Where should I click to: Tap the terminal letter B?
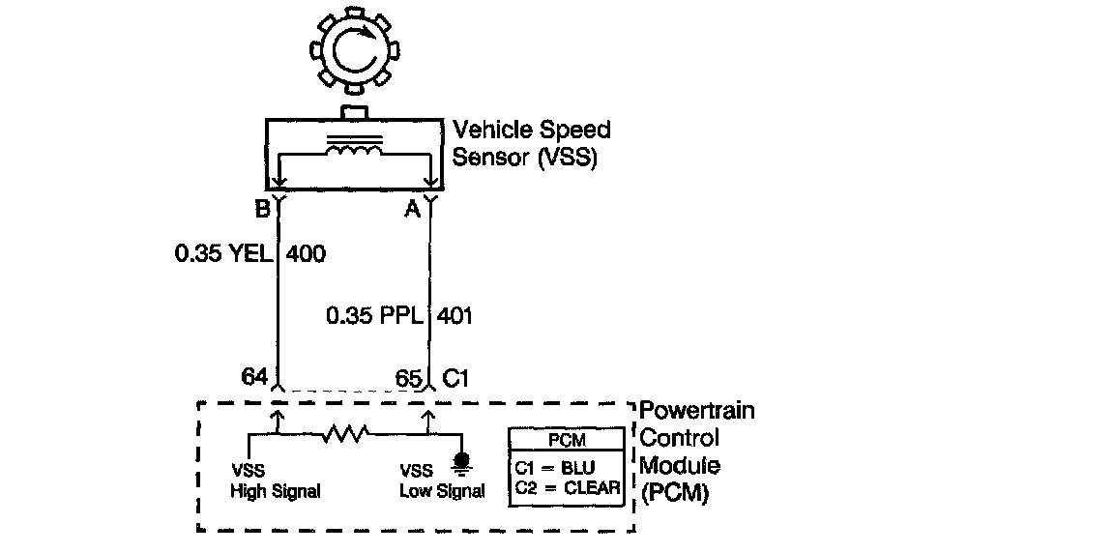click(x=262, y=207)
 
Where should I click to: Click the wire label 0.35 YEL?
click(x=223, y=255)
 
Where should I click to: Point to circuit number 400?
click(x=307, y=255)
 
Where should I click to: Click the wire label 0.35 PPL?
click(x=375, y=316)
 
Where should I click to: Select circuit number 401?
click(x=455, y=316)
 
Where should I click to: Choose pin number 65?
click(x=408, y=377)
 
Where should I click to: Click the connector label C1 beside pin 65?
click(x=455, y=377)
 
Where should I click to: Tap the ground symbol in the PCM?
click(x=462, y=462)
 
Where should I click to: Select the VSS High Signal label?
click(x=275, y=481)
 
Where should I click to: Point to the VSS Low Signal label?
click(x=442, y=481)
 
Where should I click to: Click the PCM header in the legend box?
click(x=566, y=440)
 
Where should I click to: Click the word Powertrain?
click(x=697, y=411)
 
